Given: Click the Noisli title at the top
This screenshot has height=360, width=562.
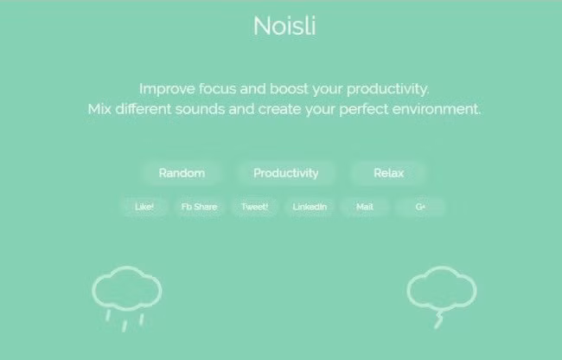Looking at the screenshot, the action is click(284, 26).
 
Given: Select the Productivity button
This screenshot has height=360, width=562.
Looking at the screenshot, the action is click(285, 173).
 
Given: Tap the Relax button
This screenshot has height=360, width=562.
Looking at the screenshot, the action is click(388, 173).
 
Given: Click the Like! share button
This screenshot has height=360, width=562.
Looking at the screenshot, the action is click(144, 207).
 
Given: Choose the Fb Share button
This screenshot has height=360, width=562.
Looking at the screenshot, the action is click(199, 207).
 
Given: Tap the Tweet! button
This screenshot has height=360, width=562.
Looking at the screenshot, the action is click(254, 207).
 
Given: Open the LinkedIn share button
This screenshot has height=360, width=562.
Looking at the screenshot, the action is click(310, 207).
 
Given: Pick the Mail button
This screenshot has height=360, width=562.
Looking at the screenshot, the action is click(365, 207).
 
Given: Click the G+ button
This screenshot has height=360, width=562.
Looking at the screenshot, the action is click(420, 207).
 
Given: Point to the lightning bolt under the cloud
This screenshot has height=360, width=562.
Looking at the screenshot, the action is click(438, 320).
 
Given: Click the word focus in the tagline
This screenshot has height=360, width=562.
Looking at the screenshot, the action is click(217, 89).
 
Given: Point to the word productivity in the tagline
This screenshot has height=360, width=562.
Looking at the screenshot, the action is click(387, 90).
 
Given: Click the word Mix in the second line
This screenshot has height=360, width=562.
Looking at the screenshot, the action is click(99, 109).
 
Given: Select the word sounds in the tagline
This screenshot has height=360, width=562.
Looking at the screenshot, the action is click(200, 109).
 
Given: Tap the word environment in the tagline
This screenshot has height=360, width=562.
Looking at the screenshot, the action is click(436, 109).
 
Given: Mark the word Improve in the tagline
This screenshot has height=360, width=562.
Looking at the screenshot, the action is click(167, 90).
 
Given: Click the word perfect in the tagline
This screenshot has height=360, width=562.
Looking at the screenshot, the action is click(363, 110).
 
